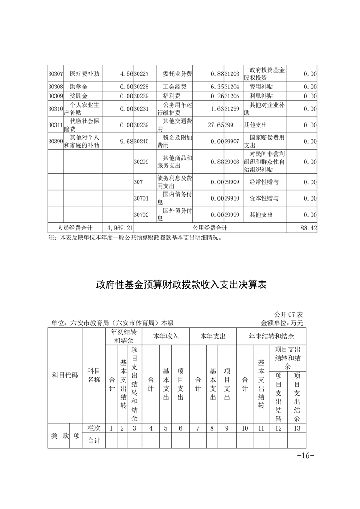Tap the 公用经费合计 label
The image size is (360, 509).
click(210, 228)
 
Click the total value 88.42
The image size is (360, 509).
click(308, 228)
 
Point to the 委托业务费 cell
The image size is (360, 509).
click(178, 73)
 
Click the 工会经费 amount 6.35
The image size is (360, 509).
click(217, 86)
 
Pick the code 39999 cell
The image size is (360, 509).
click(232, 215)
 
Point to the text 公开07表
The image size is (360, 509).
click(289, 314)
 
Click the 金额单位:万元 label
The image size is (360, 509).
click(282, 323)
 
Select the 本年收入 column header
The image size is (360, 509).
click(166, 337)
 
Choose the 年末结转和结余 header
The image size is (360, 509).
click(271, 337)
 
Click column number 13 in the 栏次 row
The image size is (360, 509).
click(297, 428)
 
